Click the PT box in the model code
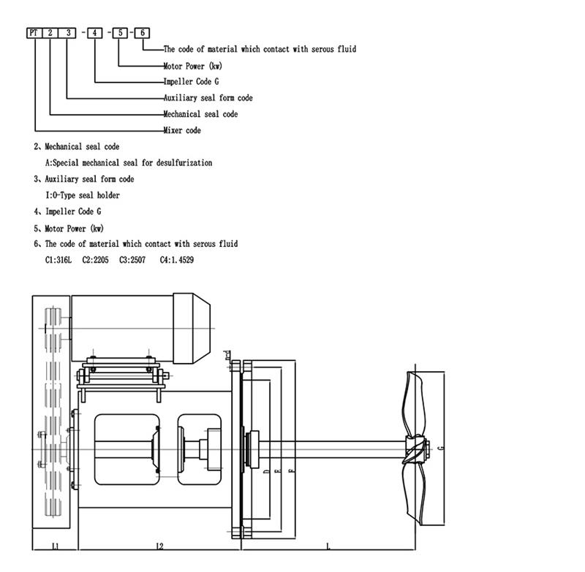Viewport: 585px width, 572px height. pos(34,33)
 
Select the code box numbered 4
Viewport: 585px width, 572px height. pos(94,33)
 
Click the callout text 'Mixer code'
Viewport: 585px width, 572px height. pos(182,130)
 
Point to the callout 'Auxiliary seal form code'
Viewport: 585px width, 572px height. pos(208,98)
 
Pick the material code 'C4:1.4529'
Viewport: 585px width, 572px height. pos(176,260)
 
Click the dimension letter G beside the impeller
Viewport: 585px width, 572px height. pos(439,447)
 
